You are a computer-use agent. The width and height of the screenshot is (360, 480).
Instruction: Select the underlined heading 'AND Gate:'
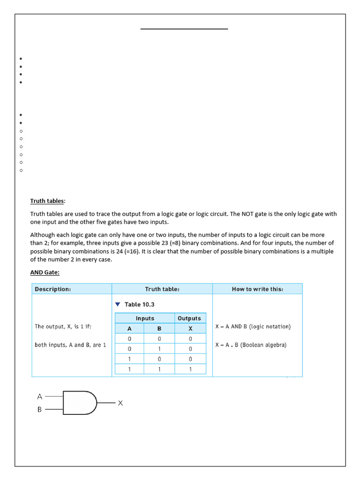pos(45,272)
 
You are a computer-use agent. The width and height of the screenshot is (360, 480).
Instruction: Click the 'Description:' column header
pos(53,289)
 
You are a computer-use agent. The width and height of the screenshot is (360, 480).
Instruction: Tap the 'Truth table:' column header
pos(162,289)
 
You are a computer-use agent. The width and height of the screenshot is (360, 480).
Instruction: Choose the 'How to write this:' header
pos(257,289)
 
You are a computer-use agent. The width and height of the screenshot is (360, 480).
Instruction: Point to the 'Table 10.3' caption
pos(139,305)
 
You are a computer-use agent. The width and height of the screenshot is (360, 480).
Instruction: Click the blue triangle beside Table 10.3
pos(118,305)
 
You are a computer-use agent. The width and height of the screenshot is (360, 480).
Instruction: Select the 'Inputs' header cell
pos(145,318)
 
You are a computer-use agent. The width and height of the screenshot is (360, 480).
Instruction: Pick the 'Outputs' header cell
pos(189,318)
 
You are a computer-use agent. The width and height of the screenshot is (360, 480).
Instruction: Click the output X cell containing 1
pos(190,369)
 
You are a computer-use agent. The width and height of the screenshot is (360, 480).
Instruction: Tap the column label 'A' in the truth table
pos(129,329)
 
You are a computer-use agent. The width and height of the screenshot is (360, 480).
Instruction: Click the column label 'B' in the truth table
pos(159,329)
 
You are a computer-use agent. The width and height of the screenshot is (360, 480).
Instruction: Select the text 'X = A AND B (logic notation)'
pos(253,327)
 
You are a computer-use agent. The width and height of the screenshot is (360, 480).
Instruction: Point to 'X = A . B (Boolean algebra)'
pos(251,345)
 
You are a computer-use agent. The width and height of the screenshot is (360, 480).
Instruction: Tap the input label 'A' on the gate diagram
pos(39,397)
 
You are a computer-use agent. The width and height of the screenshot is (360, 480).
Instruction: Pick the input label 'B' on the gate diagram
pos(39,409)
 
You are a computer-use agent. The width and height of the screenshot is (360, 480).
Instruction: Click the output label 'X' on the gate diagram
pos(120,403)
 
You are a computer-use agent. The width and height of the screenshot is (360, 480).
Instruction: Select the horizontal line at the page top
pos(184,29)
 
